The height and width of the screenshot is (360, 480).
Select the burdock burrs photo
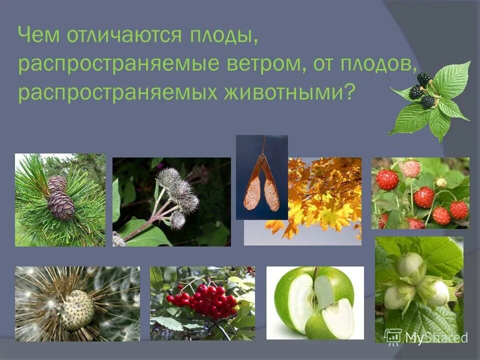coord(171,202)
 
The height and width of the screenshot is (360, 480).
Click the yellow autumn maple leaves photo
coord(325,200)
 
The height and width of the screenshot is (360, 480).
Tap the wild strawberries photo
coord(420,193)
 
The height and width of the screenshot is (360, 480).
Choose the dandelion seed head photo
coord(77,304)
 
